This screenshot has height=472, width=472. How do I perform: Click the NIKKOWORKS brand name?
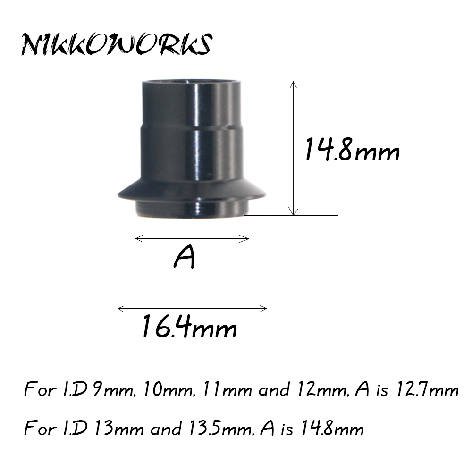(x=117, y=44)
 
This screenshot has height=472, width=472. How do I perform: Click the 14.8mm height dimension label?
(x=353, y=149)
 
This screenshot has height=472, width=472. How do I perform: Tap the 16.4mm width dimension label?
(x=190, y=326)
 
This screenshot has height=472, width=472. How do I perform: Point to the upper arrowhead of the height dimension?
(x=294, y=84)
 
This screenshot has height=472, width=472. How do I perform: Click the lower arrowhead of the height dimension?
(x=294, y=211)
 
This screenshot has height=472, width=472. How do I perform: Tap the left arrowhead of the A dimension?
(x=139, y=239)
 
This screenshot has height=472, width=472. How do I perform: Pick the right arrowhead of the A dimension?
(x=245, y=239)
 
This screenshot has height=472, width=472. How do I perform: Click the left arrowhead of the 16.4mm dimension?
(x=121, y=309)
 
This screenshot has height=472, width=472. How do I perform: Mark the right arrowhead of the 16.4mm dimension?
(x=263, y=309)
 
